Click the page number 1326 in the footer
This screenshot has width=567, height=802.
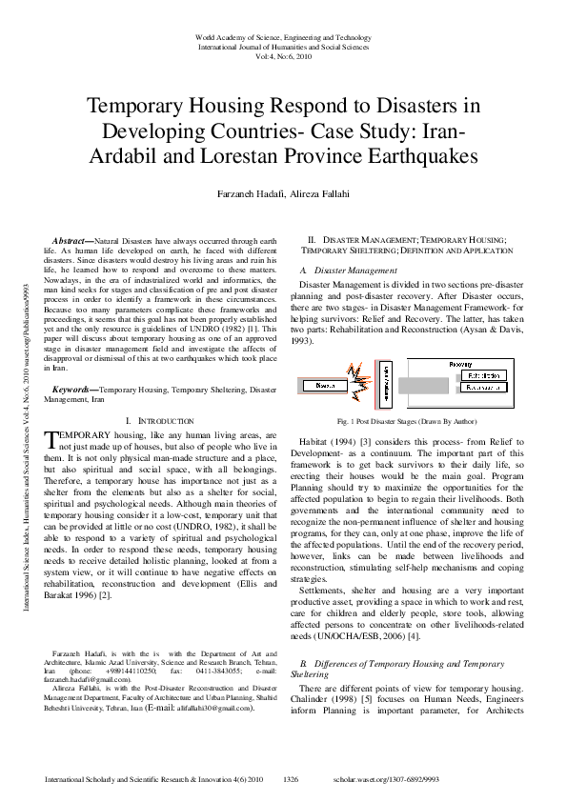point(292,779)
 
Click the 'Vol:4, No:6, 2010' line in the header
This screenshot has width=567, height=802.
point(283,55)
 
